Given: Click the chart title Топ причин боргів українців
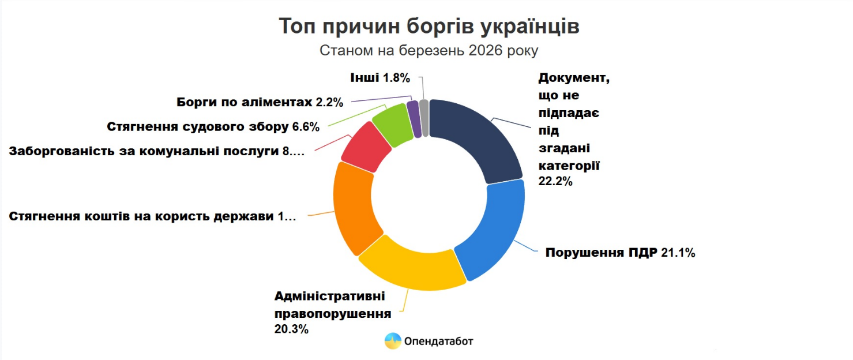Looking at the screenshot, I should pyautogui.click(x=429, y=27).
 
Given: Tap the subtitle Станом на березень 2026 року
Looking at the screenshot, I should pyautogui.click(x=429, y=51).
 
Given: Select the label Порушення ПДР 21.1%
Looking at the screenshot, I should pyautogui.click(x=620, y=253).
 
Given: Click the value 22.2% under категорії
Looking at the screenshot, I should pyautogui.click(x=555, y=181).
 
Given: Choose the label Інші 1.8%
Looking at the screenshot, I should pyautogui.click(x=379, y=77).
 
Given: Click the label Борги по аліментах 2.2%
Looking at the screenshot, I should pyautogui.click(x=260, y=103).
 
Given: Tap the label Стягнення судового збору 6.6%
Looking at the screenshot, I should pyautogui.click(x=213, y=127).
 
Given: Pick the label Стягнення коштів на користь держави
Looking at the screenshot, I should pyautogui.click(x=152, y=217).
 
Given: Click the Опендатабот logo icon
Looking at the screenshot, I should pyautogui.click(x=393, y=341).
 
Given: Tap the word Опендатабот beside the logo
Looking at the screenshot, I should pyautogui.click(x=439, y=341).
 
